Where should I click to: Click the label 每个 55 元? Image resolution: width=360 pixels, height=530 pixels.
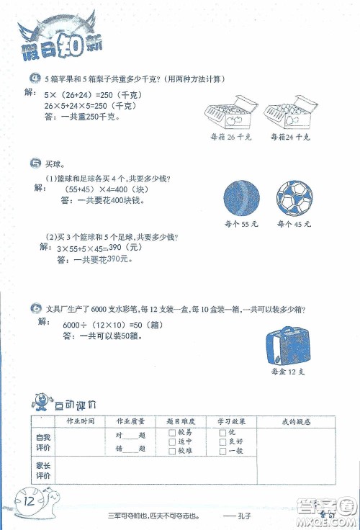(240, 225)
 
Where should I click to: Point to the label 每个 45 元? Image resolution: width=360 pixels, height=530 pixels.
(294, 225)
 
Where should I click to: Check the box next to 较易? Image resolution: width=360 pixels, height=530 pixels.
(171, 432)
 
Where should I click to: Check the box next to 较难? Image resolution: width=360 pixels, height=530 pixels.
(171, 452)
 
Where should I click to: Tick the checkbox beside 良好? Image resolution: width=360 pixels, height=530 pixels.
(222, 441)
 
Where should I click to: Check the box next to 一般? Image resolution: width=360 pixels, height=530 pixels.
(222, 452)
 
